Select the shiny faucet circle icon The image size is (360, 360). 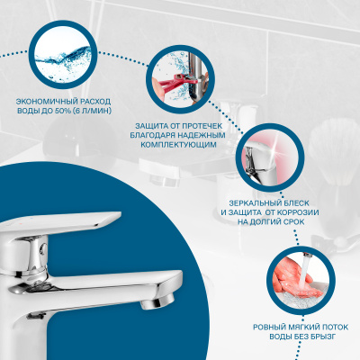coord(270,157)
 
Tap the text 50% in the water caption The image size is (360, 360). coord(63,111)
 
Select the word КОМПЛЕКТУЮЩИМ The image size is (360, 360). coord(178,145)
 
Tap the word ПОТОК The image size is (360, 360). coord(329,327)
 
